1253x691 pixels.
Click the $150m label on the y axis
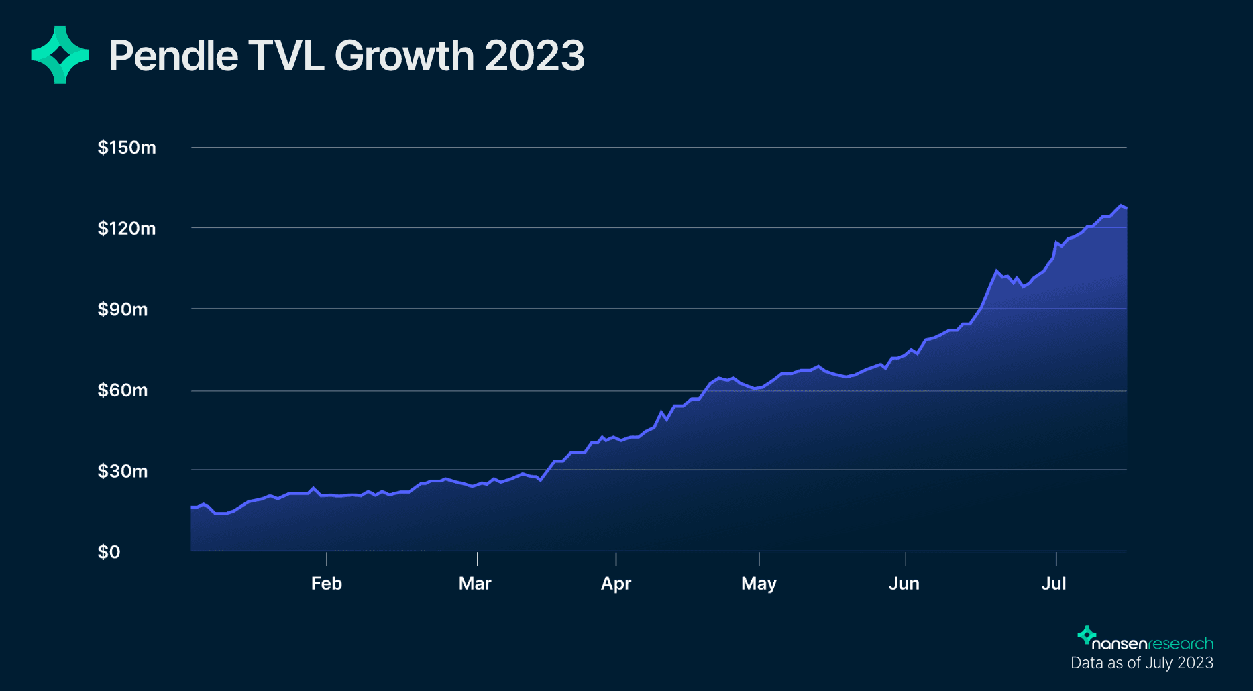(x=127, y=148)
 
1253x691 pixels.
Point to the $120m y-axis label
(x=127, y=229)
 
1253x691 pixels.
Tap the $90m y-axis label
(x=123, y=309)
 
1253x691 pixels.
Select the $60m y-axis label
(x=123, y=390)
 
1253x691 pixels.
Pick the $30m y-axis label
(x=123, y=471)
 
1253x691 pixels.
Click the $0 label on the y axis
(x=109, y=552)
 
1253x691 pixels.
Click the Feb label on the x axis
(x=327, y=584)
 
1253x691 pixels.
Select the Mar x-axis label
(x=475, y=584)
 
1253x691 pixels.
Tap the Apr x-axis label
(x=616, y=584)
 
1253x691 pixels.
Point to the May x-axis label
(x=759, y=584)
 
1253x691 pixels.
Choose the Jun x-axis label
(x=904, y=584)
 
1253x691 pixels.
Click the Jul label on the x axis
(x=1054, y=584)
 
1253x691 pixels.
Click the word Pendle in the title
(x=173, y=56)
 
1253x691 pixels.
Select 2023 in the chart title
(x=535, y=56)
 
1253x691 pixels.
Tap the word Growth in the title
(x=404, y=56)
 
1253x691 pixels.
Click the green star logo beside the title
(x=60, y=55)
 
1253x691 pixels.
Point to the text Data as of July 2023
(x=1142, y=663)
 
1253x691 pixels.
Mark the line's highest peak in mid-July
(x=1121, y=205)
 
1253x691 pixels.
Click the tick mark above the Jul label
(x=1056, y=559)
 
